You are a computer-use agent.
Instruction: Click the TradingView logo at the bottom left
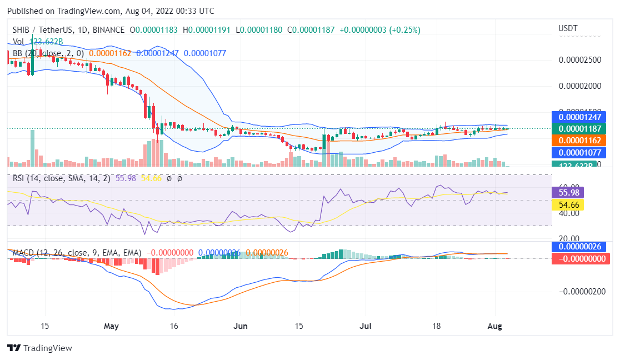tap(39, 348)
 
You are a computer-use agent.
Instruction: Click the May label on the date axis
tap(112, 326)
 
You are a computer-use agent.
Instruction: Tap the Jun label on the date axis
tap(240, 326)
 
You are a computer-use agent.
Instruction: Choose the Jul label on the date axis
tap(366, 326)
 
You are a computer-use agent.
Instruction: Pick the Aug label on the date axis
tap(494, 326)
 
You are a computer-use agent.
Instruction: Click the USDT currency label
tap(567, 28)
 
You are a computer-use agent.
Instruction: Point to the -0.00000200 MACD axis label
tap(582, 291)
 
